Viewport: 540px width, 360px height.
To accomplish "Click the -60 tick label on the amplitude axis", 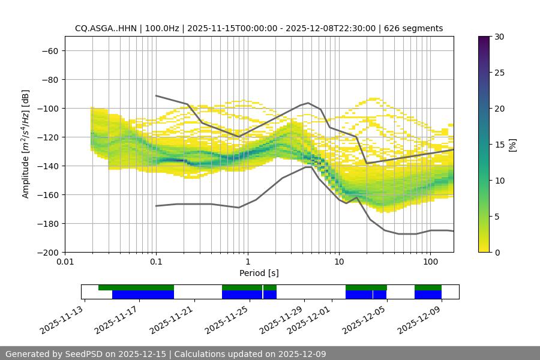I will [49, 50].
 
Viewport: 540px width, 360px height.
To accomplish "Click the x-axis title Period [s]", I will [259, 274].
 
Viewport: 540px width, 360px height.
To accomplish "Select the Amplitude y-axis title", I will [26, 144].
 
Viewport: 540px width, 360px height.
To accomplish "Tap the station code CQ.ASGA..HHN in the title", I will [106, 28].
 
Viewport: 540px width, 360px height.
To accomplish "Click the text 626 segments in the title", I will [414, 28].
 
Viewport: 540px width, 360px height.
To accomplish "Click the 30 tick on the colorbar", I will [500, 37].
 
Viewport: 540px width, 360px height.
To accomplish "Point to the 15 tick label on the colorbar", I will [500, 145].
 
